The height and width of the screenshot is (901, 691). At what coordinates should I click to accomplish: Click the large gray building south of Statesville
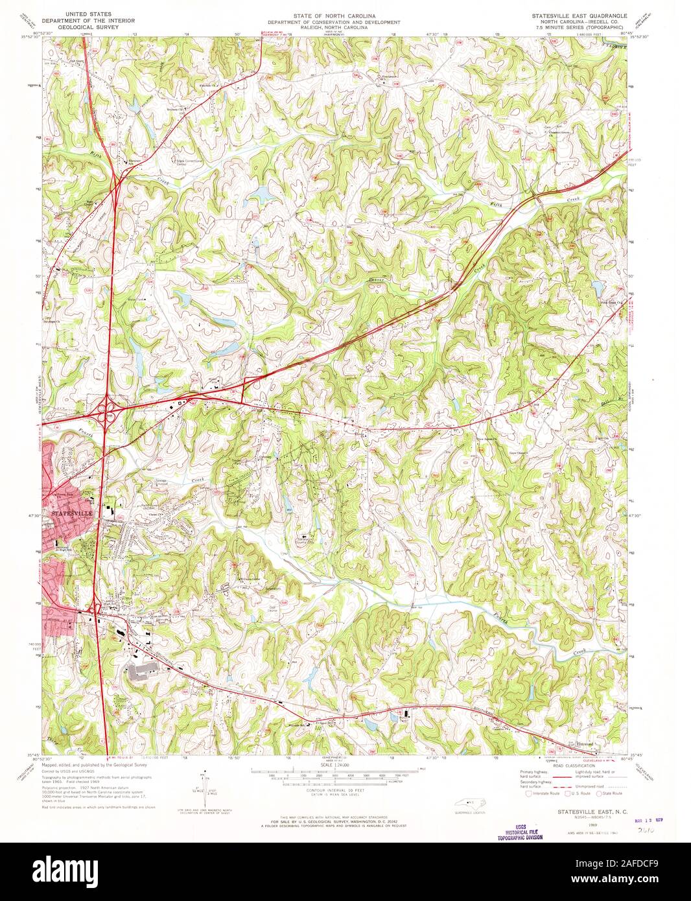144,672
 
